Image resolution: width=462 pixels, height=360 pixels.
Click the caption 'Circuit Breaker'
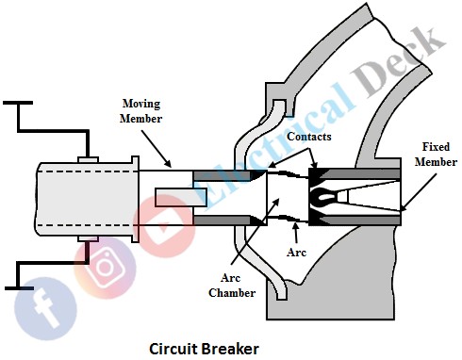click(x=204, y=348)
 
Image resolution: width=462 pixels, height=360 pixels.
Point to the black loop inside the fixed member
click(x=322, y=197)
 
